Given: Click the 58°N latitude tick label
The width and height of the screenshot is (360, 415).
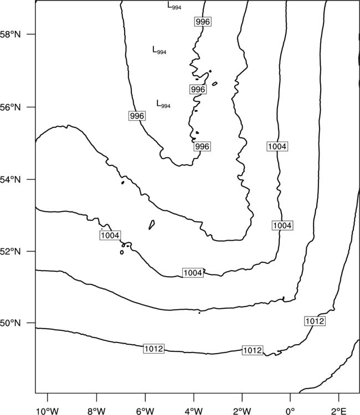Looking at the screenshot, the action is [11, 34].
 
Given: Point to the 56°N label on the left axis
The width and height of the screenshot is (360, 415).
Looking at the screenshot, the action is [11, 107].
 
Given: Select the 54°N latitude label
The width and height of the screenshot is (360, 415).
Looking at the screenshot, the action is [11, 180].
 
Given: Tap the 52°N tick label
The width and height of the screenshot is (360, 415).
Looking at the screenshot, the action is [11, 251].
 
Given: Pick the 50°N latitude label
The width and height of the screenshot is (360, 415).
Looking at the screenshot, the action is [11, 323].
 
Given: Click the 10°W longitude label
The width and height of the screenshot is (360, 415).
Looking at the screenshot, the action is [48, 411].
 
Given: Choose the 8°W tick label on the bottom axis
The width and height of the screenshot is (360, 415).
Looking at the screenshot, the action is [96, 411].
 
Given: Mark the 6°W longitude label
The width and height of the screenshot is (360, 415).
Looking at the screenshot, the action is [145, 411].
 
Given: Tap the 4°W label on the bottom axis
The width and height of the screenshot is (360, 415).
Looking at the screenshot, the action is [194, 411].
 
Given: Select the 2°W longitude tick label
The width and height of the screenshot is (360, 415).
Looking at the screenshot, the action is [242, 411].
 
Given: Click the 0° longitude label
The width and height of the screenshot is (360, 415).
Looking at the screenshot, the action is [290, 411].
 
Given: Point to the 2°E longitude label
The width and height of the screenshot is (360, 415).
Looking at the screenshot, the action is [339, 411].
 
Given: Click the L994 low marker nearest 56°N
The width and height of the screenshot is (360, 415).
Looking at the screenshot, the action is [163, 104].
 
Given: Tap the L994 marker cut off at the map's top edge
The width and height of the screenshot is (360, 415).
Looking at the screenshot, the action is [174, 6].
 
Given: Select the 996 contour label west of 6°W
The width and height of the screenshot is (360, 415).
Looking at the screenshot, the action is [137, 116].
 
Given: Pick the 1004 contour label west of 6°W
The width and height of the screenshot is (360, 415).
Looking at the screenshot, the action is [110, 235].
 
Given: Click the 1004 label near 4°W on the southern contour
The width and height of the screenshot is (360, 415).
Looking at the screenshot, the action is [193, 273].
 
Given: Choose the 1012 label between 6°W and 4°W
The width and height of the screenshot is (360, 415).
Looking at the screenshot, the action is [153, 349].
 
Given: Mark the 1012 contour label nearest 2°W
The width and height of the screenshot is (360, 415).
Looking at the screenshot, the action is [253, 350].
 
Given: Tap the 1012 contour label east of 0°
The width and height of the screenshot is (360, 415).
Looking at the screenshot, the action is [315, 321].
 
